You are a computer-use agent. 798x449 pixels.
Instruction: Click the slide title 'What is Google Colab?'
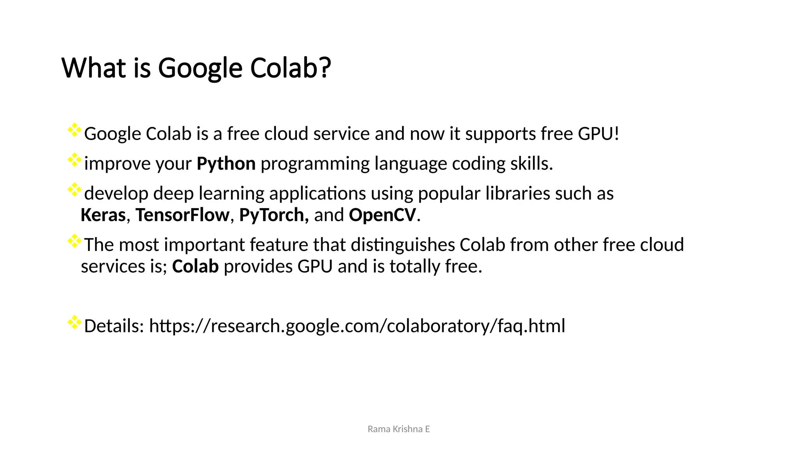pos(196,68)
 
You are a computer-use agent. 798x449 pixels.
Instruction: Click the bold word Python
pos(226,164)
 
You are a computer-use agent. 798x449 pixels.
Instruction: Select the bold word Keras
pos(103,215)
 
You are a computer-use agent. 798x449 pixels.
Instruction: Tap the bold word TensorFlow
pos(182,215)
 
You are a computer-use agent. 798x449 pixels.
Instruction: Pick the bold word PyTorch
pos(274,215)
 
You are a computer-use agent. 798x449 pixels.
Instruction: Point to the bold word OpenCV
pos(382,215)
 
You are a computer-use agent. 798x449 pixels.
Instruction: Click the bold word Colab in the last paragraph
pos(195,267)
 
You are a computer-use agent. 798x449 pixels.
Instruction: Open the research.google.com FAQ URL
pos(357,326)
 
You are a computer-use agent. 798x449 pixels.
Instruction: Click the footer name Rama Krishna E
pos(399,429)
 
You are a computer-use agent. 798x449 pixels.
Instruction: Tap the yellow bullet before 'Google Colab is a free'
pos(74,130)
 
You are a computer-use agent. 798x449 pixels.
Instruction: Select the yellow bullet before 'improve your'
pos(74,160)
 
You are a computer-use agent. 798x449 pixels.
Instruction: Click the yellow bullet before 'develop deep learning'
pos(74,190)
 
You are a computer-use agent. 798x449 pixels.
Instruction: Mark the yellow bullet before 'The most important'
pos(74,241)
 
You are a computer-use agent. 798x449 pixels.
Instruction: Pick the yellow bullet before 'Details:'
pos(74,322)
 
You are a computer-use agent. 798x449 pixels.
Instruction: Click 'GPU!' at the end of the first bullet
pos(598,134)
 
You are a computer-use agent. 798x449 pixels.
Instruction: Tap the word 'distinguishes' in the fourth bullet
pos(403,245)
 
